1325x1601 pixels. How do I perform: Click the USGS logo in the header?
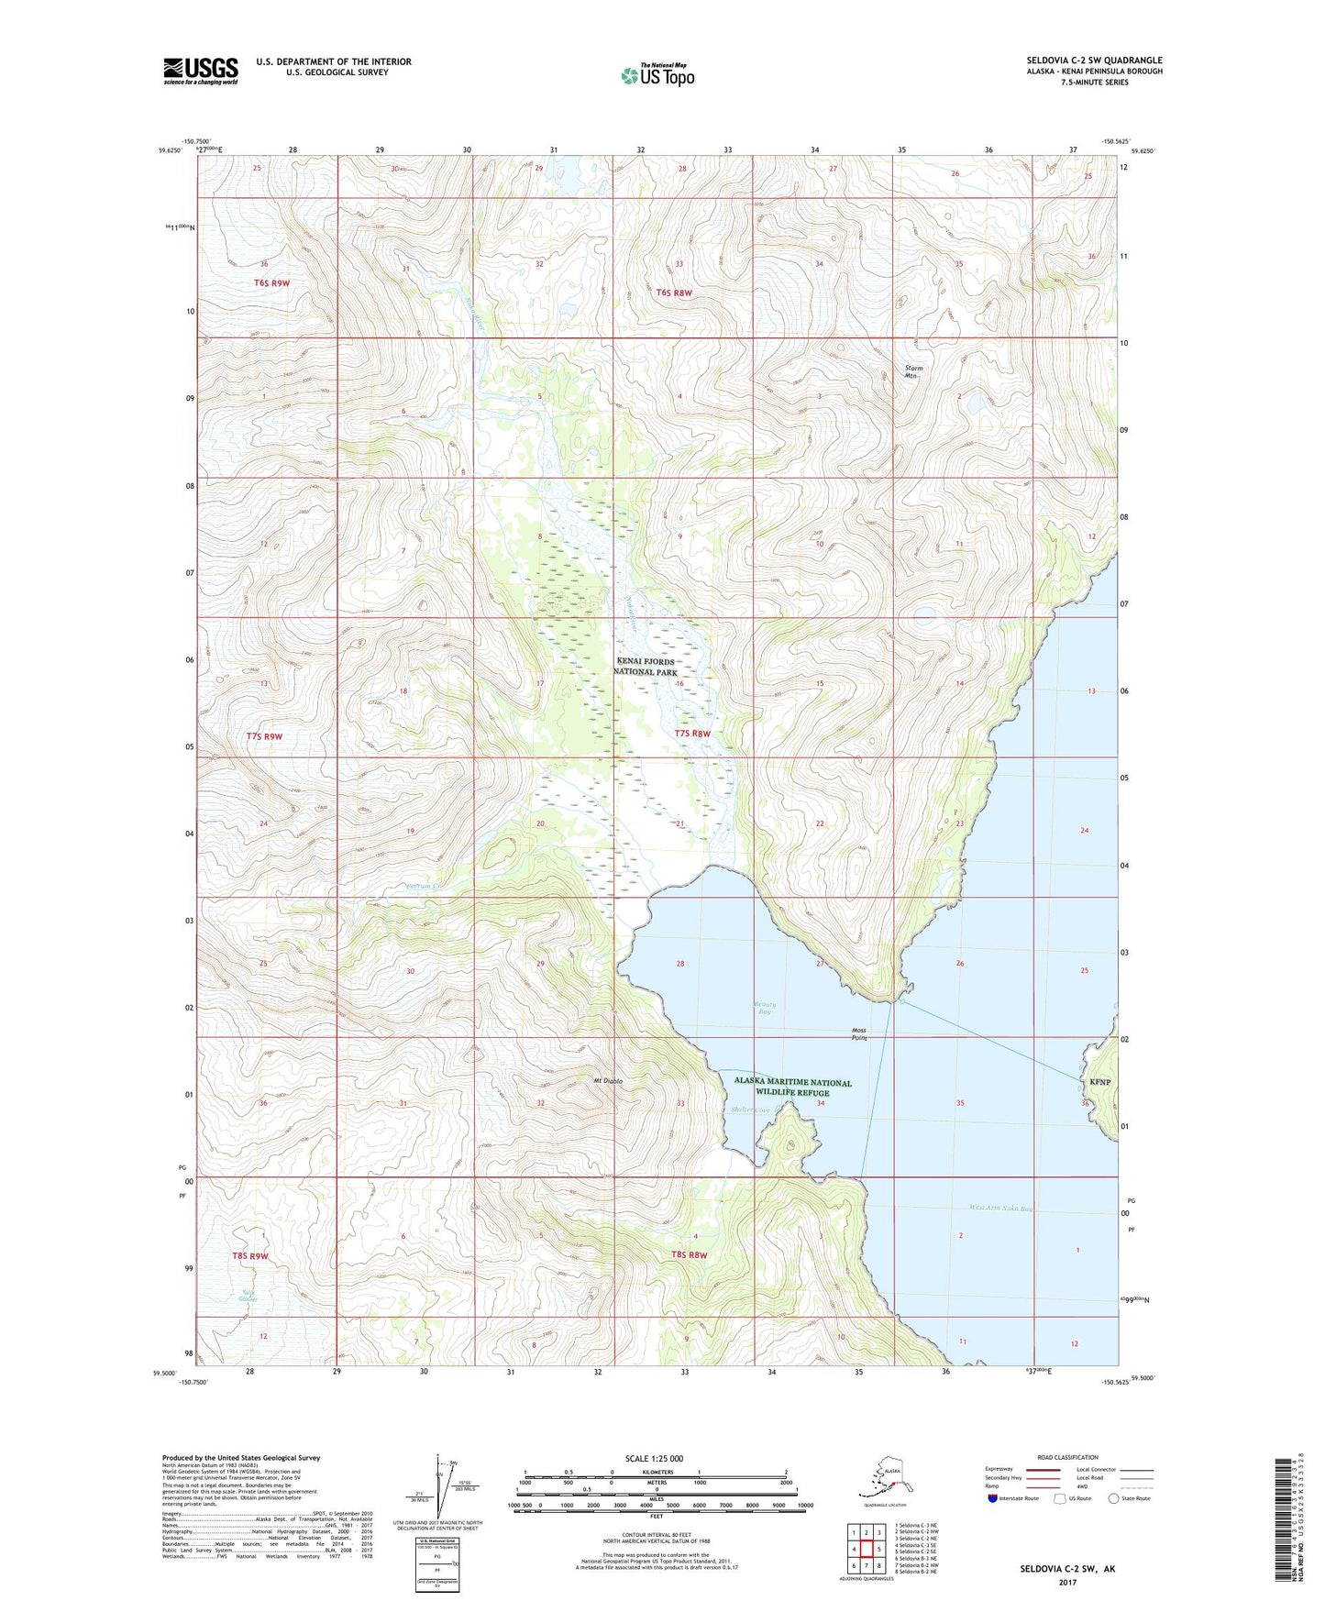200,71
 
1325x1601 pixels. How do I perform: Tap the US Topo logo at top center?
657,74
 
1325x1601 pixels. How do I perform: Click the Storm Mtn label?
913,371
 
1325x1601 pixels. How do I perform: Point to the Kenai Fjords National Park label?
645,667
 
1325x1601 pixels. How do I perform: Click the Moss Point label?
858,1034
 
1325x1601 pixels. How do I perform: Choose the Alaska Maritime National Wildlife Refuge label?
792,1088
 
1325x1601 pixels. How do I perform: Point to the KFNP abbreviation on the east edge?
1099,1082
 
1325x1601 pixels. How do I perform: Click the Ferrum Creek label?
424,886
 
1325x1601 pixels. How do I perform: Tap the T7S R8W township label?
692,734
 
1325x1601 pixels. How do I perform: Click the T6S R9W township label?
271,283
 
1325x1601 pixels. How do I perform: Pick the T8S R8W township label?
690,1254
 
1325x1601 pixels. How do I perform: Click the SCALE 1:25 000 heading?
655,1458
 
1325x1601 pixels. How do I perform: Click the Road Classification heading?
1067,1457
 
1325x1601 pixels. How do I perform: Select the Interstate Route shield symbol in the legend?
993,1498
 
